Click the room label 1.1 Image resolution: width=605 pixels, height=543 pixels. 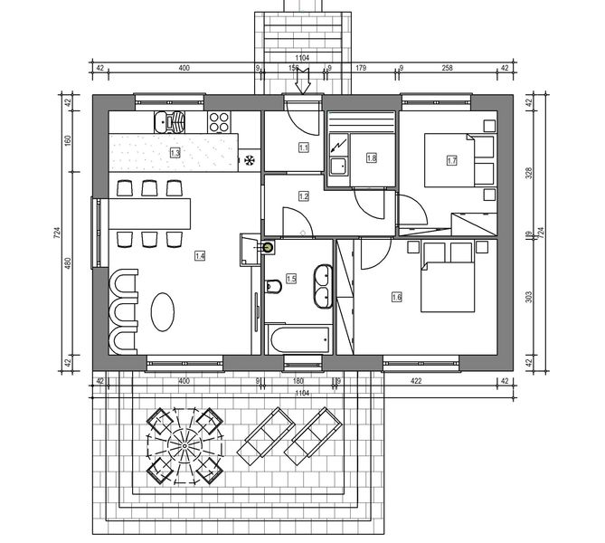303,148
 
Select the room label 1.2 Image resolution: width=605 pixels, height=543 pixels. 303,195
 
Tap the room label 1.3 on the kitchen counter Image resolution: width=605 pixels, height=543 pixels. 175,154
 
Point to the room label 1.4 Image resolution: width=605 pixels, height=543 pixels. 200,256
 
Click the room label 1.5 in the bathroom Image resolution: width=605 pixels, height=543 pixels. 291,280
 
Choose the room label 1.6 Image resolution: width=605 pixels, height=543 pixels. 396,296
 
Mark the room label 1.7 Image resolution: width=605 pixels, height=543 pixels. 452,160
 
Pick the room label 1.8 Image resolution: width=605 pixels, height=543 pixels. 371,157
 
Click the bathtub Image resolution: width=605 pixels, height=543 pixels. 299,341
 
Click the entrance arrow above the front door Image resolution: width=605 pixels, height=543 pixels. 303,83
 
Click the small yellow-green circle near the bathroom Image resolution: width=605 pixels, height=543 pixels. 267,245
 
